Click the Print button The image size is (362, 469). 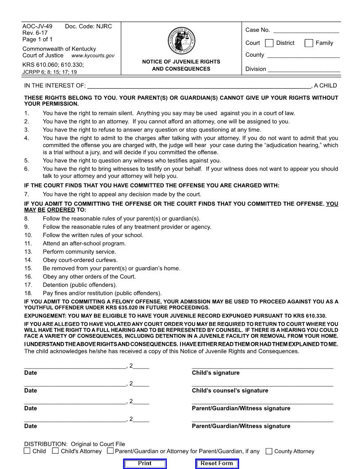coord(145,464)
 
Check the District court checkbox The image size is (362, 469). coord(269,43)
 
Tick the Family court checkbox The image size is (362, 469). coord(309,43)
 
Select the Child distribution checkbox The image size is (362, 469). coord(28,451)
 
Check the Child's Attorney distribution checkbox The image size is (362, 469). coord(55,451)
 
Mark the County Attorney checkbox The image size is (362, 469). coord(269,451)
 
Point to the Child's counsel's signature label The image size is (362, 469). coord(230,391)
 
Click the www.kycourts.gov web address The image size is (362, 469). coord(93,56)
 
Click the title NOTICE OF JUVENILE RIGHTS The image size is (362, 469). coord(181,62)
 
